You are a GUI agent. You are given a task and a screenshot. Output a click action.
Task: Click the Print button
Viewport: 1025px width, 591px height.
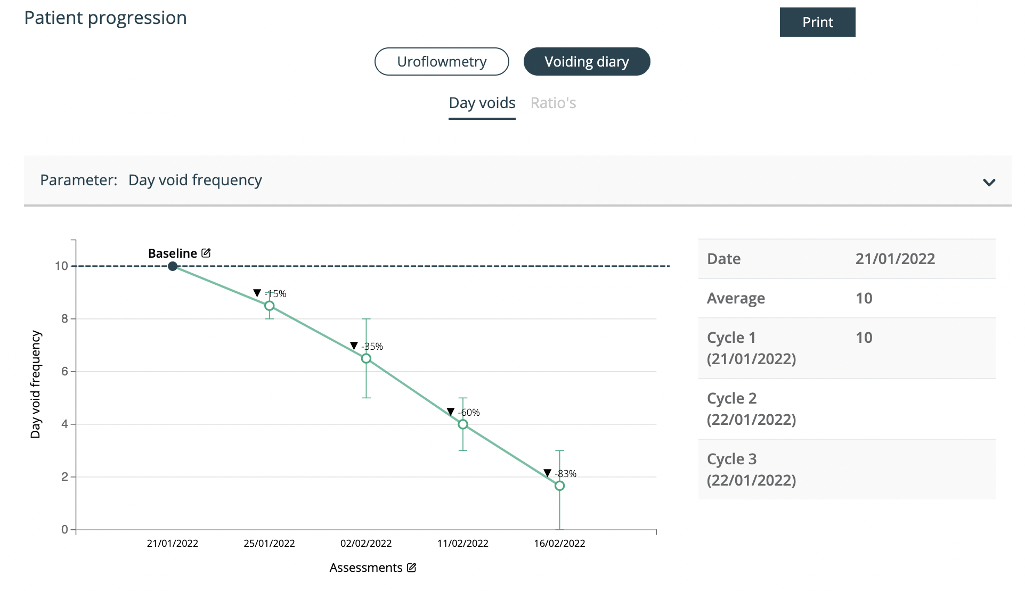tap(817, 22)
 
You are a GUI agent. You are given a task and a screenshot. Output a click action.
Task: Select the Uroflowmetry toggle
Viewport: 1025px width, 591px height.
tap(442, 62)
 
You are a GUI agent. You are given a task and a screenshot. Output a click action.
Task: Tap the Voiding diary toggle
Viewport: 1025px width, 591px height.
tap(587, 62)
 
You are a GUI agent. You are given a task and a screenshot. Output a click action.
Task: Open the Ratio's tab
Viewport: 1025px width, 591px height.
tap(553, 103)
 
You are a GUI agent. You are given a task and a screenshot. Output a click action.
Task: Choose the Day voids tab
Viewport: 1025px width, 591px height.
tap(482, 103)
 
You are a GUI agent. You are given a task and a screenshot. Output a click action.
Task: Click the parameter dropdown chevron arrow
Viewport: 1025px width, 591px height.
tap(989, 183)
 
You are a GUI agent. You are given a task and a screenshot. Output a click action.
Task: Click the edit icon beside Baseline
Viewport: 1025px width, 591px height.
tap(206, 253)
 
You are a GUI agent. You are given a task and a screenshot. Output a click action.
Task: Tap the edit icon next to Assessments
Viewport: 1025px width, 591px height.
tap(411, 568)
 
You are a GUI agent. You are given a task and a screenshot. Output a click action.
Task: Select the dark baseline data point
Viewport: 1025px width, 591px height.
tap(173, 266)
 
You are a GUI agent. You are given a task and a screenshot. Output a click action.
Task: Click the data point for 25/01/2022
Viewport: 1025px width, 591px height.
tap(270, 306)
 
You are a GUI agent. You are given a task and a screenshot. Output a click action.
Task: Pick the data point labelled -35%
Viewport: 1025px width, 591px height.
tap(366, 358)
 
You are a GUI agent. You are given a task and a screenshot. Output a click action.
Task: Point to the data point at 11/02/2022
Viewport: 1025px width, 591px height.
tap(463, 424)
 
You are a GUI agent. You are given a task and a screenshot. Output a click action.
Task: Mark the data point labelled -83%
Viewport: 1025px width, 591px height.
tap(559, 486)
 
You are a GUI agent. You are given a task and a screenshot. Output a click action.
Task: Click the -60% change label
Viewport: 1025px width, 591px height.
tap(469, 413)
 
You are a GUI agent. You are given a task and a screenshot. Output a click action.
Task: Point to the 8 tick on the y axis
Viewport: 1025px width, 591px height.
tap(65, 318)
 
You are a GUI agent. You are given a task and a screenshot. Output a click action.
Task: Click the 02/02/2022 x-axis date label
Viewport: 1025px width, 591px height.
tap(366, 543)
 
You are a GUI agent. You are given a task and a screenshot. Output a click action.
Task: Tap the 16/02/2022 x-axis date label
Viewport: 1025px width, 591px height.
tap(559, 543)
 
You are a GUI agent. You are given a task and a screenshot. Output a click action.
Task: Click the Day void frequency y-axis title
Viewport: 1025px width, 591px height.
tap(36, 384)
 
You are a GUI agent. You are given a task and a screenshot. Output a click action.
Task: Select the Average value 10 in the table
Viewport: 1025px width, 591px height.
tap(864, 298)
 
